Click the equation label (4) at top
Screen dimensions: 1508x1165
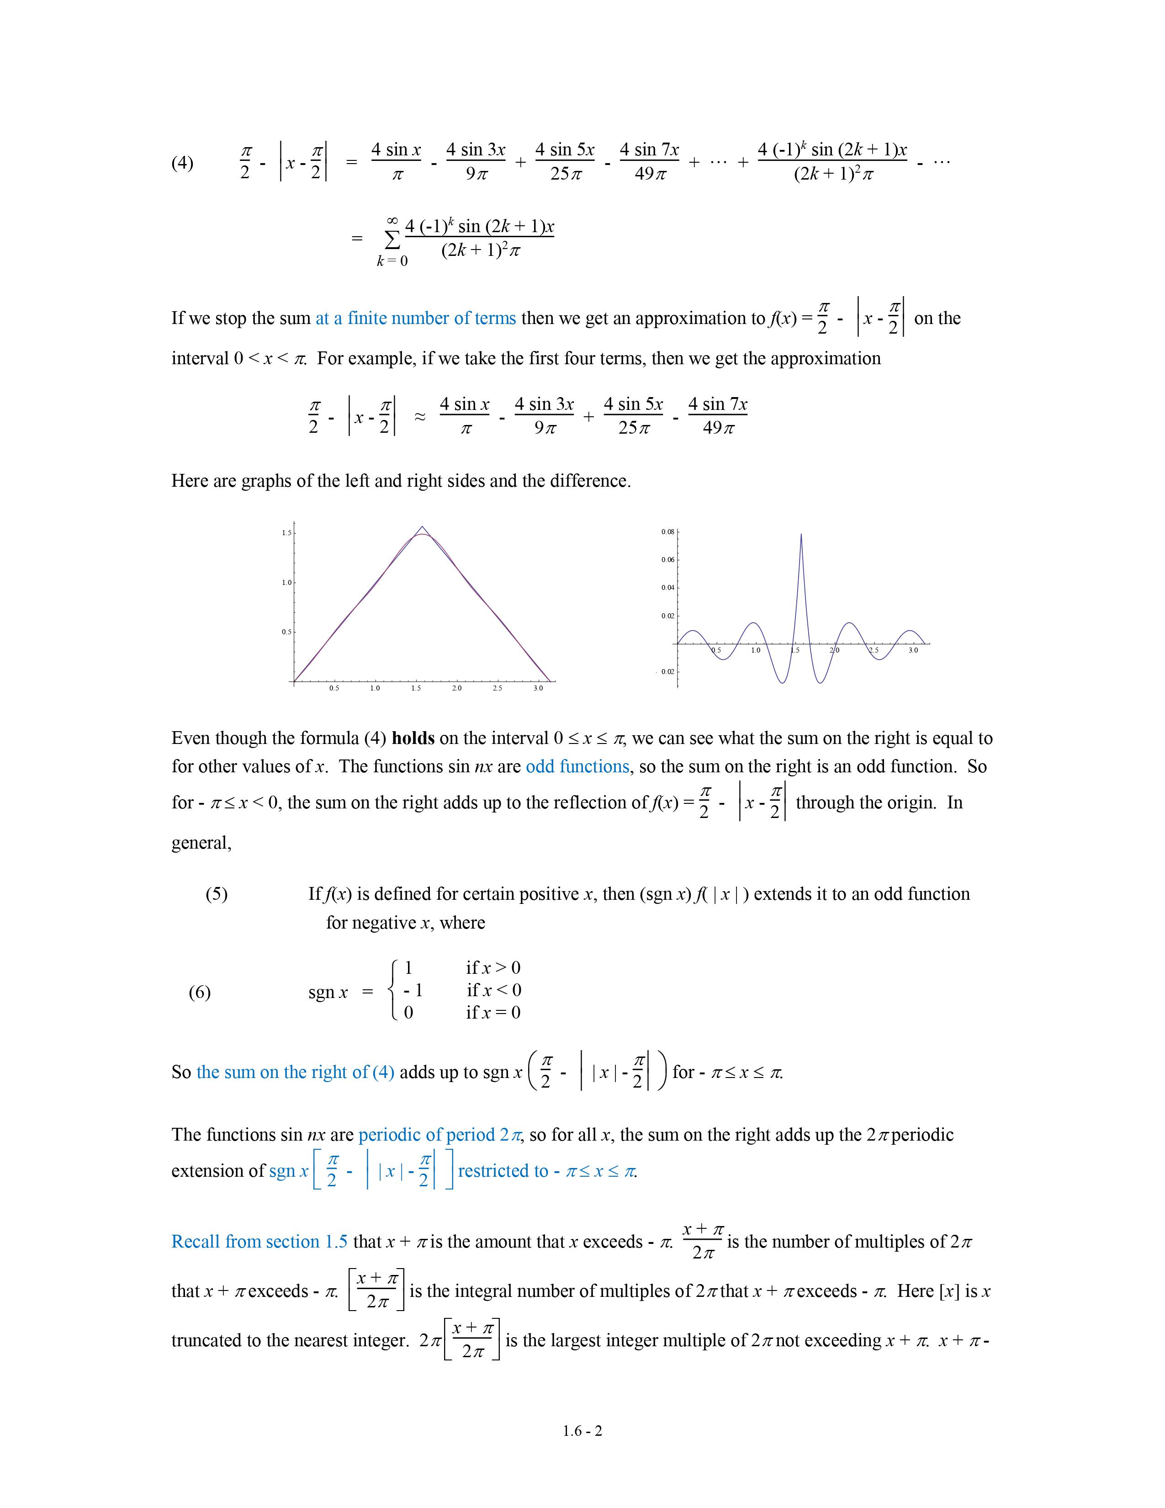[x=182, y=163]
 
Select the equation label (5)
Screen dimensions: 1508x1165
[x=216, y=894]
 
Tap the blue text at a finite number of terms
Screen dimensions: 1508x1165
[x=415, y=319]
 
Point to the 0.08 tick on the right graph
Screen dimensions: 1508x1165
[x=667, y=531]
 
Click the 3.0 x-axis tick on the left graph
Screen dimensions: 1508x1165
[x=538, y=688]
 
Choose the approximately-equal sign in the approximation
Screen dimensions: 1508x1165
[x=419, y=417]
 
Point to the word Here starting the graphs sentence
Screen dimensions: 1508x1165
[x=190, y=481]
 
